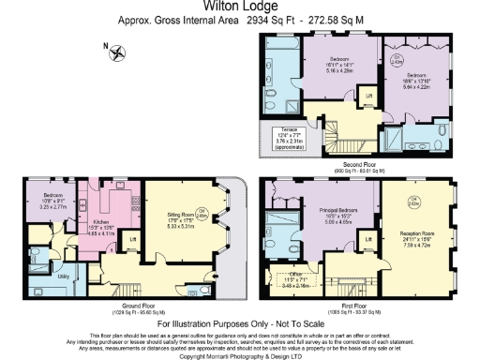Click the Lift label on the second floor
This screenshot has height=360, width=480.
(x=369, y=97)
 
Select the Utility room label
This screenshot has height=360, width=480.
(x=37, y=277)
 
